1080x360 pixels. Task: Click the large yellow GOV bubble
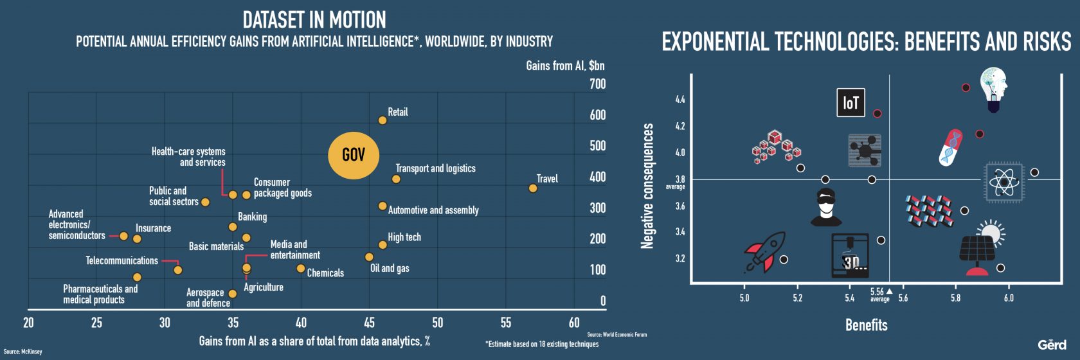click(x=353, y=155)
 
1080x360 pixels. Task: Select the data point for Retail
click(x=382, y=120)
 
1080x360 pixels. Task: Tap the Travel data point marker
click(x=533, y=188)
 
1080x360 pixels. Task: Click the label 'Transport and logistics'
click(x=435, y=168)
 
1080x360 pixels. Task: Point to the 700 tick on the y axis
click(x=597, y=84)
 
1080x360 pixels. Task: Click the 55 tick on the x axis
click(x=506, y=323)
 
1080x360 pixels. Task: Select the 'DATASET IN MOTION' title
click(x=314, y=20)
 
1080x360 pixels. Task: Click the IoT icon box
click(x=851, y=103)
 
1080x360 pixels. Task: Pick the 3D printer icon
click(x=850, y=255)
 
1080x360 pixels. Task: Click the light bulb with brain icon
click(x=993, y=89)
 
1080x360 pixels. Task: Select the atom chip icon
click(x=1004, y=183)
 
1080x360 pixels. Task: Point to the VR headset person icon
click(x=826, y=208)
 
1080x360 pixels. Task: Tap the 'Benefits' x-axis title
click(x=866, y=325)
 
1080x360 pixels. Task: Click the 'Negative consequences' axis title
click(x=647, y=186)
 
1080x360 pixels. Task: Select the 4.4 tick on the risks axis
click(x=680, y=100)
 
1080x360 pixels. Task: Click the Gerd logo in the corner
click(x=1052, y=345)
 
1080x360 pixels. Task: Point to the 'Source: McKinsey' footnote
click(x=22, y=352)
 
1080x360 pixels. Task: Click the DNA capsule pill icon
click(x=951, y=147)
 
